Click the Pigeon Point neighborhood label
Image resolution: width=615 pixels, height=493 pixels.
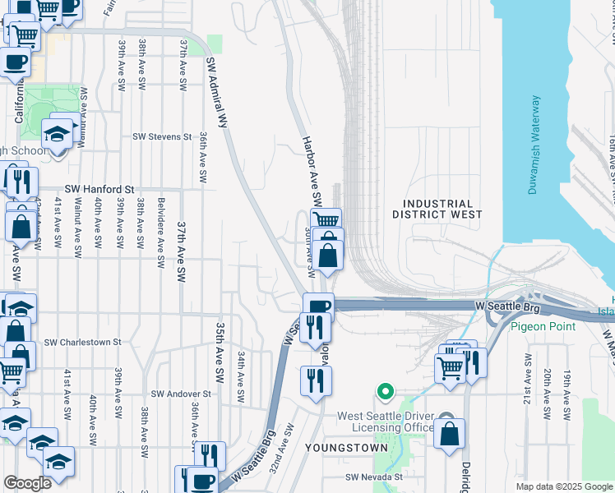540,325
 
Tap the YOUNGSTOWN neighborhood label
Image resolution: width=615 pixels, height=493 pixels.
339,448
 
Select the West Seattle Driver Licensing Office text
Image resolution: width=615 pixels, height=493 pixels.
386,422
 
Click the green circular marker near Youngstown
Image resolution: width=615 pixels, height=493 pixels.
382,391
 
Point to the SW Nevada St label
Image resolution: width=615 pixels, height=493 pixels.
374,477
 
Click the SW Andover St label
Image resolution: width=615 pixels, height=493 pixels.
178,394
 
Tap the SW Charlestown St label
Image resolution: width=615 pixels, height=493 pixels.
82,342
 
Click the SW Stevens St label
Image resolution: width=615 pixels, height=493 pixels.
162,137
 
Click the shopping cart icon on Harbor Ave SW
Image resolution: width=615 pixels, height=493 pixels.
326,219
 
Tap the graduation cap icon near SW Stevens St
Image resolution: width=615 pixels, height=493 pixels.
57,131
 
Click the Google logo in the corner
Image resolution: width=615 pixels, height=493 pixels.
26,483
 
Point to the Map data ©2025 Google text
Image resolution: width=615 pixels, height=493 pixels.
562,486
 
